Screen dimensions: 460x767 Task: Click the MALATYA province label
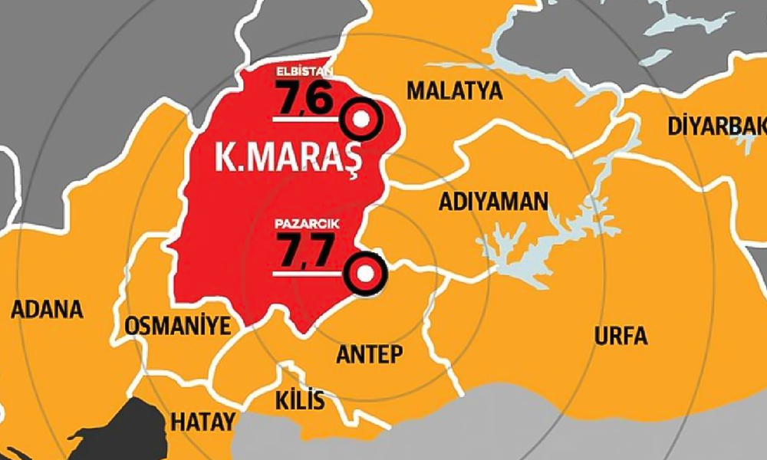coord(454,91)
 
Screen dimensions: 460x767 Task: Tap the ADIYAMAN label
coord(493,202)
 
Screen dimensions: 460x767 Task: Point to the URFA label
coord(621,336)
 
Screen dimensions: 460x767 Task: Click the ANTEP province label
coord(370,353)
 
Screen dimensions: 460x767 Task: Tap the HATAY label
coord(202,421)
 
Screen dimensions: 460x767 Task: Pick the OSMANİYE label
coord(177,327)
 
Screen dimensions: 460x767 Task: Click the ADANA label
coord(47,310)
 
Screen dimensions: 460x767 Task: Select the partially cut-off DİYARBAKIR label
coord(716,125)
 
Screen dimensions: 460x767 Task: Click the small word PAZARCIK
coord(304,223)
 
